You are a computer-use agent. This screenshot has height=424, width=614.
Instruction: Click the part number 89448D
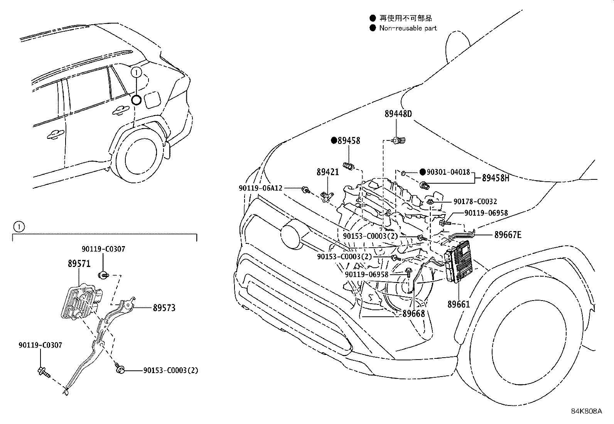(398, 114)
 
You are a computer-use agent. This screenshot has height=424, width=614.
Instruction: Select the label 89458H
(496, 178)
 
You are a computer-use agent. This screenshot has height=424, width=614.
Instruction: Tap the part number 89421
(328, 172)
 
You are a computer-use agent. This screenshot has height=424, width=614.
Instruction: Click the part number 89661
(459, 304)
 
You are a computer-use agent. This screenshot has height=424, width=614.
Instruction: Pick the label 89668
(413, 314)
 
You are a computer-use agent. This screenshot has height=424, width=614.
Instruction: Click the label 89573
(164, 308)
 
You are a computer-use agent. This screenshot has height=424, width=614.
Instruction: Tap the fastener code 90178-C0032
(475, 201)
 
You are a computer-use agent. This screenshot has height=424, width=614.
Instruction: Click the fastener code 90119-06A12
(260, 188)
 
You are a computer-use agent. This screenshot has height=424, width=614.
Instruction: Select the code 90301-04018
(448, 172)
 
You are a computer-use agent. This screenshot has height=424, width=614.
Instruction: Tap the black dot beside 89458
(334, 141)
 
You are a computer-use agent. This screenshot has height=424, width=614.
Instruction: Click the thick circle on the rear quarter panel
(136, 100)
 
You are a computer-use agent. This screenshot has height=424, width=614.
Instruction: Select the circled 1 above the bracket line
(19, 226)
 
